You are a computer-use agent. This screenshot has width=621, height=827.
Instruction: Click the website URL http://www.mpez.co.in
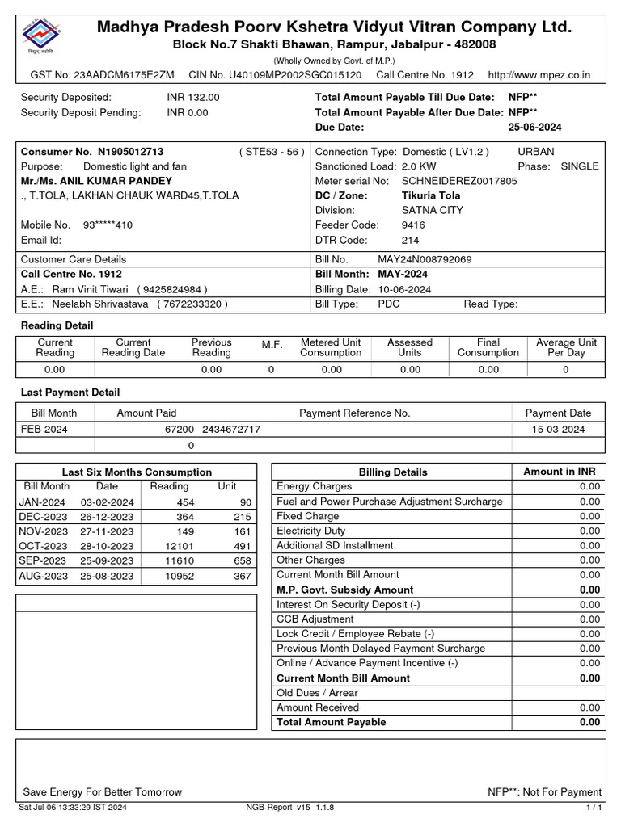tap(539, 75)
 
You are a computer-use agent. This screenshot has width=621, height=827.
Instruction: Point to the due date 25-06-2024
tap(534, 128)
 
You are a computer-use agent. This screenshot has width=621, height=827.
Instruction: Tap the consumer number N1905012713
tap(130, 152)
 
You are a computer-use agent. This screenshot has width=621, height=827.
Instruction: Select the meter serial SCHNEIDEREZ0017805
tap(459, 181)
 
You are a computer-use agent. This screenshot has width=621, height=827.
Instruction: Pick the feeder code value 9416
tap(413, 225)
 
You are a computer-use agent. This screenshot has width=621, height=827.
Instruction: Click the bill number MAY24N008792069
tap(425, 260)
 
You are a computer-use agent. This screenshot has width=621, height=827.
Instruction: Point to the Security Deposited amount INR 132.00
tap(193, 98)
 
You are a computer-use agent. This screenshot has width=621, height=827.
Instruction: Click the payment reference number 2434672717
tap(231, 430)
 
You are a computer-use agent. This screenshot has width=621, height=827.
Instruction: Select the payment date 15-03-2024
tap(558, 430)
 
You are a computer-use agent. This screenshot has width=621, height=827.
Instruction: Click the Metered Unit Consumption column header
tap(331, 347)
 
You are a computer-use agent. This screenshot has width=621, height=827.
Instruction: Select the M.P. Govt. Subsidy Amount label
tap(344, 590)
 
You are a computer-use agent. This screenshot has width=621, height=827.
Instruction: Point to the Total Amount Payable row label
tap(332, 722)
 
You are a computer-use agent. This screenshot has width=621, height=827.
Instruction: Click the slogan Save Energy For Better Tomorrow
tap(102, 792)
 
